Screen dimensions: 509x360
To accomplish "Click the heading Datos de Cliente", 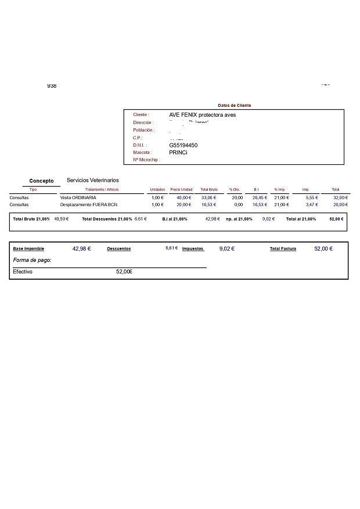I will coord(234,105).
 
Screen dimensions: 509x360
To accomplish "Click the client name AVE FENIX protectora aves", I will coord(202,115).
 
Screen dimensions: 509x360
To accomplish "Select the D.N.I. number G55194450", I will coord(183,145).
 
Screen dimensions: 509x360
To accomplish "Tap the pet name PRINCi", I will coord(178,153).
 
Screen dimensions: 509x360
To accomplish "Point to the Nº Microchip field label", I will coord(146,160).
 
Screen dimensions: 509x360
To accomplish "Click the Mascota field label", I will coord(142,153).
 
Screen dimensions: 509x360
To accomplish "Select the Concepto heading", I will coord(41,181).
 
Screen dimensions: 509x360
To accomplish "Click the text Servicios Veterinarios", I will coord(93,181).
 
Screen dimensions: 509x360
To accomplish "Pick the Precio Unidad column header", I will coord(181,190).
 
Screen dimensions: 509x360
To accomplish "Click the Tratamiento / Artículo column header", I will coord(102,190).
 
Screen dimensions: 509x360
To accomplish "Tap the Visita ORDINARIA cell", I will coord(78,198).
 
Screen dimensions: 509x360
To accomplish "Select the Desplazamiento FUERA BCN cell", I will coord(89,205).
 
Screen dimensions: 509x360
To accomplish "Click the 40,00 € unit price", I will coord(183,198).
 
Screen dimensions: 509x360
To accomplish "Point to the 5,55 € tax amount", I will coord(312,198).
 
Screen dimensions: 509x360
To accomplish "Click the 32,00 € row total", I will coord(340,198).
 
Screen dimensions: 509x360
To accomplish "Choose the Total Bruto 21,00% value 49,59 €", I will coord(61,219).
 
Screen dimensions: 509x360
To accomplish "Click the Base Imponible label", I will coord(28,249).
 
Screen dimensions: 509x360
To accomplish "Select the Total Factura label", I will coord(283,249).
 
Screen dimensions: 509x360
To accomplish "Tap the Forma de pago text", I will coord(32,261).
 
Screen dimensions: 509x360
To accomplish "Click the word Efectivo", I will coord(23,272).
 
